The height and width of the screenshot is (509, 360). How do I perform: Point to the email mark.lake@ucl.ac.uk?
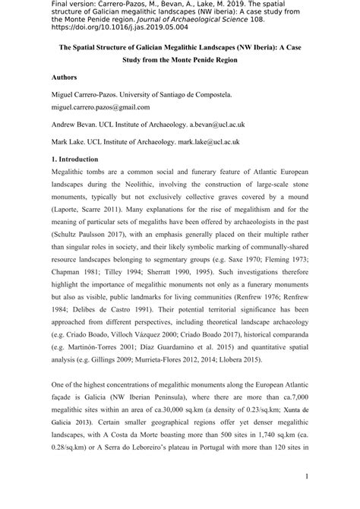click(206, 141)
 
